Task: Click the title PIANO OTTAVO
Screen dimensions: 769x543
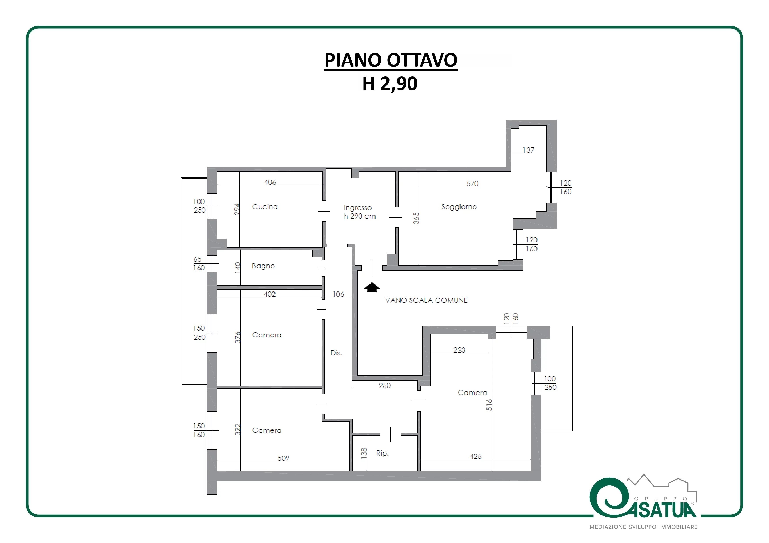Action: pos(391,60)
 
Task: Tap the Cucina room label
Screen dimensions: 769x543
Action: pos(265,207)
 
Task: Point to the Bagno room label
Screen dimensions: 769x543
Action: pos(263,266)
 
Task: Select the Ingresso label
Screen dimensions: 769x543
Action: pos(358,208)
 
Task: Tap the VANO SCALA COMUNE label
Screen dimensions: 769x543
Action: pos(426,300)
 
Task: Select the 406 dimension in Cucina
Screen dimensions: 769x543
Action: pos(270,182)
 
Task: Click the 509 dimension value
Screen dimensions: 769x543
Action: pos(283,458)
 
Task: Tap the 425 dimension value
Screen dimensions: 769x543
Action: pos(476,456)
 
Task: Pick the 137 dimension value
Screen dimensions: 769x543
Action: pos(529,150)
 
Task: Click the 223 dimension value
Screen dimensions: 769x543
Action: pos(459,350)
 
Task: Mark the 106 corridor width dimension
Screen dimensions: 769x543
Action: pos(338,294)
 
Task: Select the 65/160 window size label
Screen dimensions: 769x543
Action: pos(199,264)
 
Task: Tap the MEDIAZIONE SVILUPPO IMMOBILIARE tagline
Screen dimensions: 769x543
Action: pos(643,527)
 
